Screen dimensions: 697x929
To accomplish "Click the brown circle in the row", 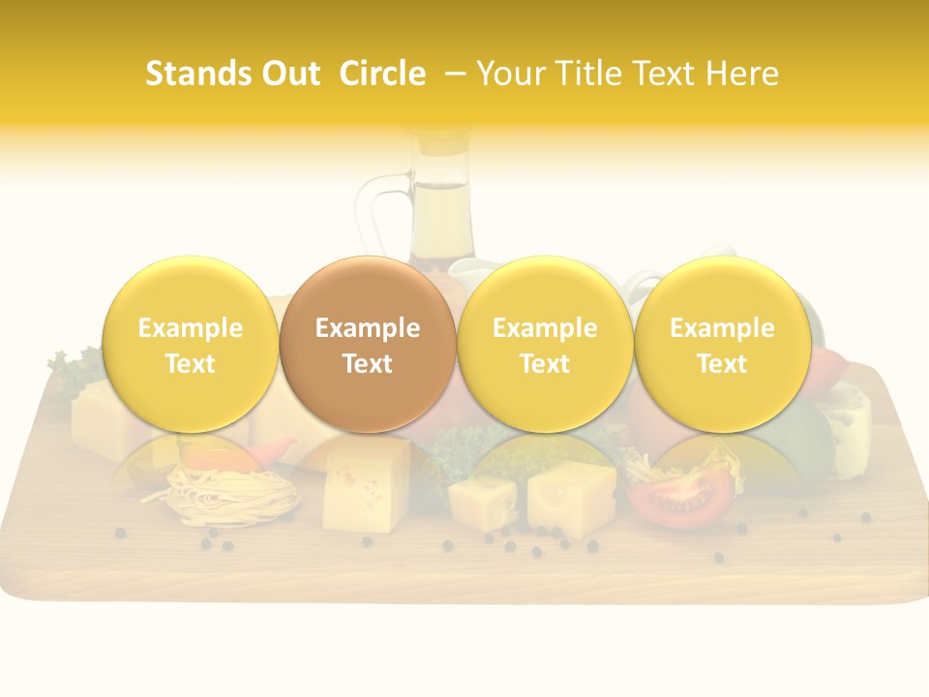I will coord(368,344).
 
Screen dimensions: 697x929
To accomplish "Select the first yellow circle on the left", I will coord(191,344).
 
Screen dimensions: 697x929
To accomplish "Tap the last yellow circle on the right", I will coord(722,344).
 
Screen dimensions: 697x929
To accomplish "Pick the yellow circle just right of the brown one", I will coord(545,344).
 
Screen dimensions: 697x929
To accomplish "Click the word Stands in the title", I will coord(193,74).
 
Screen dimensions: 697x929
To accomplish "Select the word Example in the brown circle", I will coord(368,328).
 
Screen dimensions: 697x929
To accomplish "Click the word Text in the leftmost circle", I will coord(191,364).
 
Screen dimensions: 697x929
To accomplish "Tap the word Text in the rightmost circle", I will coord(722,364).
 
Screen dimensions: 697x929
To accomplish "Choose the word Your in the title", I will coord(508,74).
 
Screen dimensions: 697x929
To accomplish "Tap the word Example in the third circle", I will coord(545,328).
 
